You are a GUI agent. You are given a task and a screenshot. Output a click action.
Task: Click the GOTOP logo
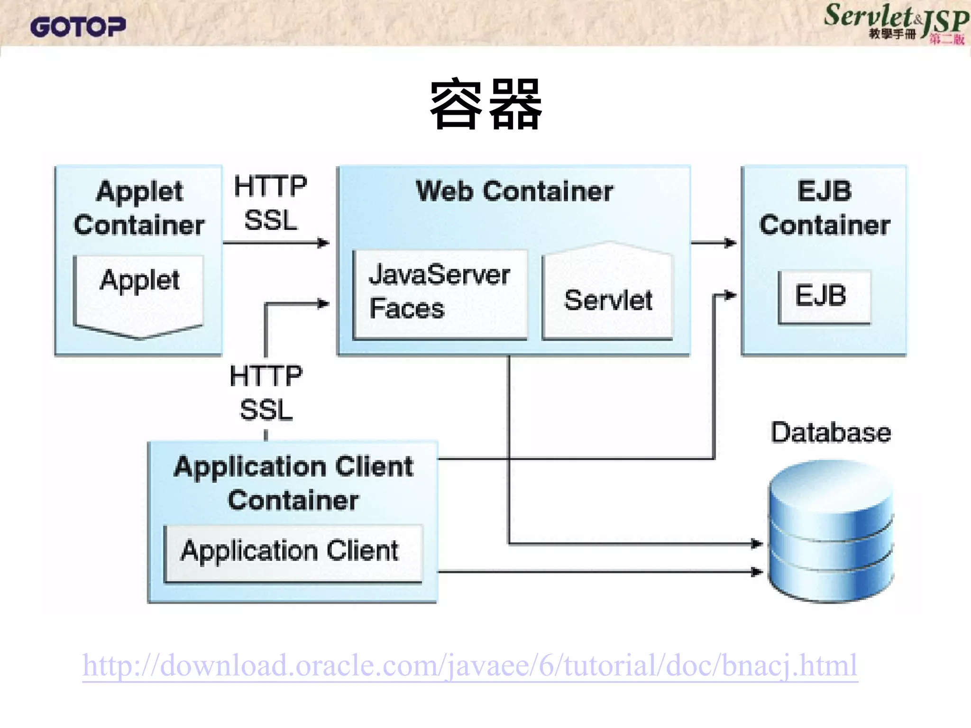tap(78, 27)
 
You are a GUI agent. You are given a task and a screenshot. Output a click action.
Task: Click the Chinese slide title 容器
tap(485, 104)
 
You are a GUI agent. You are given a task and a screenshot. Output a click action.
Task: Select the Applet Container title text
tap(139, 208)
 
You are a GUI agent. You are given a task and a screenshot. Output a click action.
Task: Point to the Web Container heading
tap(514, 191)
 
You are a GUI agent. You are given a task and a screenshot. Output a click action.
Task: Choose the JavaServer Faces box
tap(440, 294)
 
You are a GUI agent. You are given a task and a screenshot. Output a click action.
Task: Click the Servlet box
tap(608, 299)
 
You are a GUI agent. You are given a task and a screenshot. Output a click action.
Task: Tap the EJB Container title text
tap(824, 208)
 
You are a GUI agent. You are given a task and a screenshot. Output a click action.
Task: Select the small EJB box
tap(824, 296)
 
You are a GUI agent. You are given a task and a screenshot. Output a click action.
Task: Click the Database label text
tap(831, 433)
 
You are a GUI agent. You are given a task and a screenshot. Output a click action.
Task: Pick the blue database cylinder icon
tap(831, 531)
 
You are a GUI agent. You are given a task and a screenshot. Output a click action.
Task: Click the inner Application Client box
tap(293, 553)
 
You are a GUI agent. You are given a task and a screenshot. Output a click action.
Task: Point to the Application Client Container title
tap(293, 483)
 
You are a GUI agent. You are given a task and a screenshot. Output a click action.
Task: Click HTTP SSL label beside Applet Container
tap(270, 203)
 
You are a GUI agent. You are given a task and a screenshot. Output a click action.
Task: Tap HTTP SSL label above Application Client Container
tap(266, 393)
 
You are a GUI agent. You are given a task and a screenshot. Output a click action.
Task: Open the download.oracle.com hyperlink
tap(469, 665)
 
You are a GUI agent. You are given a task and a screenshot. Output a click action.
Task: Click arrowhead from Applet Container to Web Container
tap(324, 243)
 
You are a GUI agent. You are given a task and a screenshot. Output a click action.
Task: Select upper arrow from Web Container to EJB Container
tap(714, 243)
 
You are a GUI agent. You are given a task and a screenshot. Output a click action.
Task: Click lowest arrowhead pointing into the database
tap(757, 572)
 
